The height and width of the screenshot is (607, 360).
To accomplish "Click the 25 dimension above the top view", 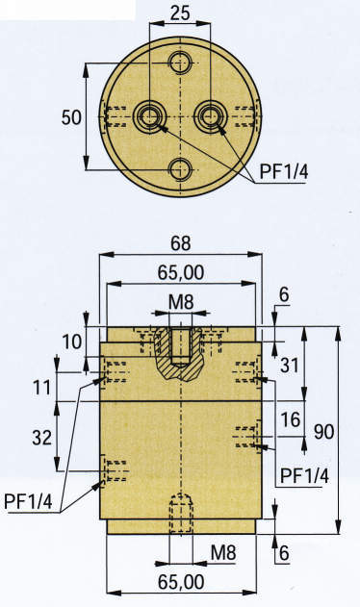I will tap(180, 14).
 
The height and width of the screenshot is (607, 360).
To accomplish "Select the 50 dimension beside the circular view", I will tap(70, 117).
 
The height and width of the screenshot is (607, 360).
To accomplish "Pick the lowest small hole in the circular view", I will tap(180, 170).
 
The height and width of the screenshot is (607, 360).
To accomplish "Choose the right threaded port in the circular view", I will tap(210, 116).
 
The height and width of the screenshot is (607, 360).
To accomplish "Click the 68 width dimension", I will tap(180, 241).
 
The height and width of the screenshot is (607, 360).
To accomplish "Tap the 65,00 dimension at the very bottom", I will tap(180, 581).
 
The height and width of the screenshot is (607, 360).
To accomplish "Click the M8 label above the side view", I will tap(181, 303).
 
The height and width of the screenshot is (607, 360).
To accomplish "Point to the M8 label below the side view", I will tap(223, 552).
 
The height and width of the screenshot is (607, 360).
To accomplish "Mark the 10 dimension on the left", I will tap(69, 341).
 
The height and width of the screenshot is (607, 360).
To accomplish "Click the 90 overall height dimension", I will tap(323, 431).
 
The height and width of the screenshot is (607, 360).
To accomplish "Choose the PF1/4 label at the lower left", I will tap(29, 499).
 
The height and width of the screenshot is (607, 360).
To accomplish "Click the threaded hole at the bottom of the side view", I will tap(180, 515).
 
